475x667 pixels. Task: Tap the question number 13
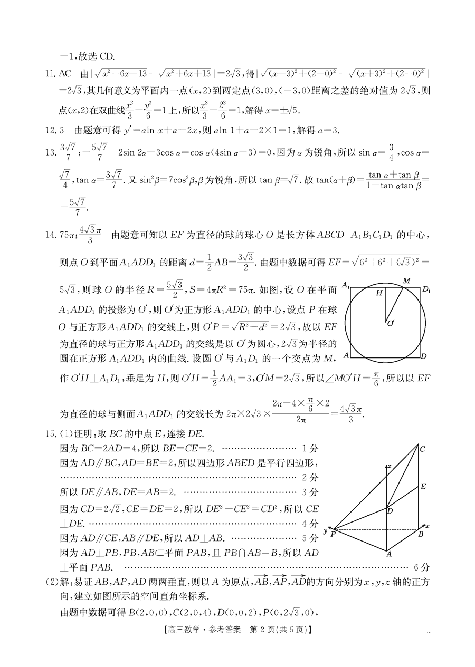(x=51, y=152)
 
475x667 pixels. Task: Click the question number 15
(x=51, y=433)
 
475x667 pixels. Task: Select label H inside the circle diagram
(x=379, y=293)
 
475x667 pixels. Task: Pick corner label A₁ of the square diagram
(x=346, y=285)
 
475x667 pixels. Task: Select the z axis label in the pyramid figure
(x=389, y=466)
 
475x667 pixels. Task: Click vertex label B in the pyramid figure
(x=421, y=534)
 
